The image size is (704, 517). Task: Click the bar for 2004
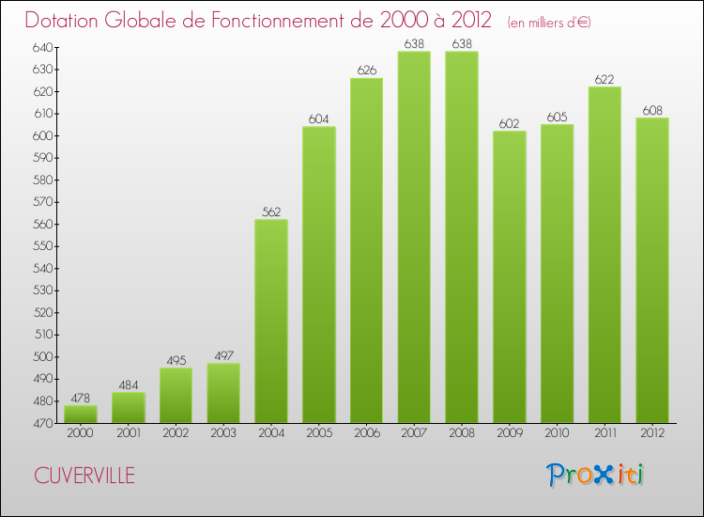coord(271,321)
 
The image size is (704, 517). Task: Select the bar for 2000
coord(81,414)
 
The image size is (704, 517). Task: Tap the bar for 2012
coord(652,271)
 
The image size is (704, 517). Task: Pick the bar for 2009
coord(510,277)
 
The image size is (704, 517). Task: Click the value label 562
coord(271,212)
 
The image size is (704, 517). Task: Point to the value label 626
coord(366,70)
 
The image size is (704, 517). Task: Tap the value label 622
coord(605,79)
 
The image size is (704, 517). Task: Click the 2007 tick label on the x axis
coord(414,434)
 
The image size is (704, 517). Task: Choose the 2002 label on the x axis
coord(176,434)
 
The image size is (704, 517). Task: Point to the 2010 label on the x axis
coord(557,434)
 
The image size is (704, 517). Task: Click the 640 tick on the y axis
coord(43,47)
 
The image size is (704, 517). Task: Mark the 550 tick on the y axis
coord(43,246)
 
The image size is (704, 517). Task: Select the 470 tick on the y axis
coord(43,423)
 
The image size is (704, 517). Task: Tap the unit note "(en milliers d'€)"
coord(549,23)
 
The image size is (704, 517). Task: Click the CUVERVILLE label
coord(84,476)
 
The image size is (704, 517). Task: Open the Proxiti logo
coord(594,475)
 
